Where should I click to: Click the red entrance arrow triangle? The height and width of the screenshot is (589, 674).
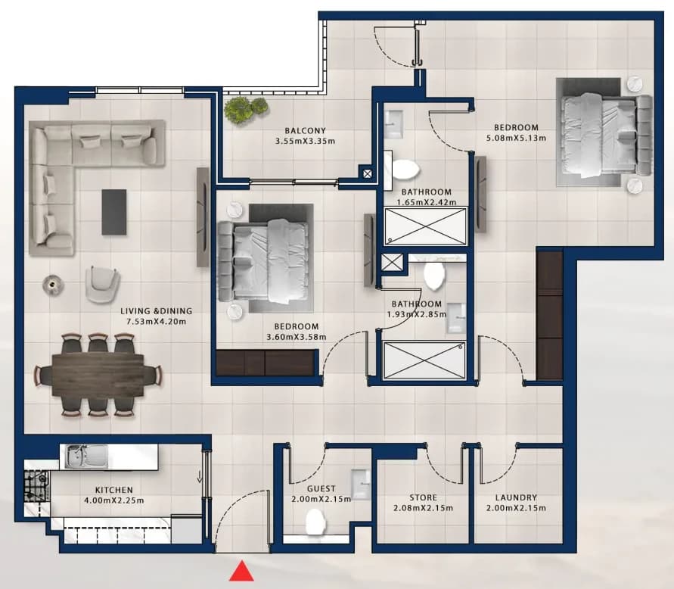click(241, 571)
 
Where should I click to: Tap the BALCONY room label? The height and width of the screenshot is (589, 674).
click(305, 131)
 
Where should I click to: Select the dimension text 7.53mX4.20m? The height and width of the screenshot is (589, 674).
click(156, 322)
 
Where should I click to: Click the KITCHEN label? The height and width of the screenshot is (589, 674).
click(114, 490)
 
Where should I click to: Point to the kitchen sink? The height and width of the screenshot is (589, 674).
click(86, 457)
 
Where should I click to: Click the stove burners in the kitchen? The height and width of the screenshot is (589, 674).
click(36, 486)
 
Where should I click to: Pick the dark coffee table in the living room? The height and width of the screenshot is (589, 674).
click(114, 212)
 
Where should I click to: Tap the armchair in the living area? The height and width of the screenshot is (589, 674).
click(102, 284)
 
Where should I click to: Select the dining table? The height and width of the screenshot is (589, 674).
click(98, 375)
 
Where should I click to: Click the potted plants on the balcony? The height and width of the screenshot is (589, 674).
click(245, 109)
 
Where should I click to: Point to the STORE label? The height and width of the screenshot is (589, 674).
click(423, 498)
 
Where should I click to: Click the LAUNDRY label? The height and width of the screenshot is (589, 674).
click(516, 498)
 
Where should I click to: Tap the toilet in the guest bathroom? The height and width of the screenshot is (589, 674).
click(316, 522)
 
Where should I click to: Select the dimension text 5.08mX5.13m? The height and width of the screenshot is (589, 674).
click(516, 138)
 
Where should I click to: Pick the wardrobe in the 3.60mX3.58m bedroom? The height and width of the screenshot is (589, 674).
click(266, 363)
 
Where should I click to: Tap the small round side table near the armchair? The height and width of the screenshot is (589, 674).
click(53, 285)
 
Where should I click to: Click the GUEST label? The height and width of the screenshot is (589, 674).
click(321, 489)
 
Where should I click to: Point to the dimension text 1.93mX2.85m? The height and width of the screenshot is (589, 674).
click(417, 314)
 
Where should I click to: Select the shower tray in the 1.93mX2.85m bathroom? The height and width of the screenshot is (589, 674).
click(424, 360)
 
